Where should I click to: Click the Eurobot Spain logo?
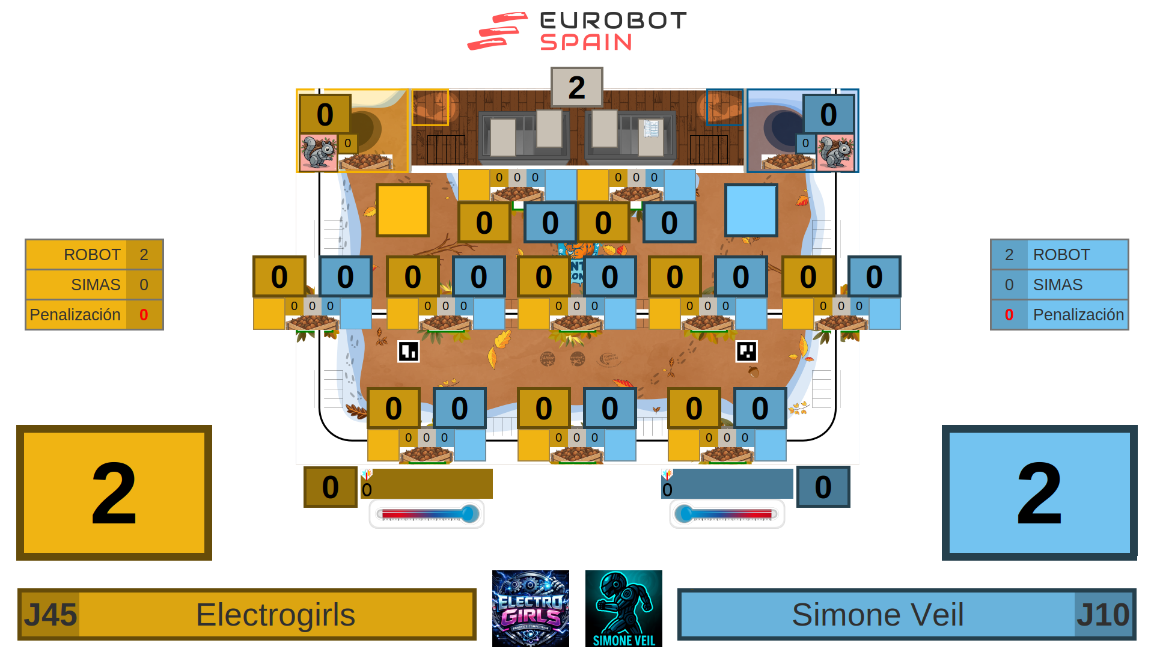coord(577,31)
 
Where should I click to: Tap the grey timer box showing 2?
coord(576,88)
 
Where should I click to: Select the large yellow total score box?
coord(114,493)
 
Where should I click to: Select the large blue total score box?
coord(1039,493)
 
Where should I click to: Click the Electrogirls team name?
coord(276,615)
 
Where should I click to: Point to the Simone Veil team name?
coord(878,615)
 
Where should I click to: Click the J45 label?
coord(50,615)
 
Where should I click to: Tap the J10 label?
coord(1103,615)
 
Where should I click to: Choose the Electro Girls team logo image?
coord(530,609)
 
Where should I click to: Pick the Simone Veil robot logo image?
coord(623,609)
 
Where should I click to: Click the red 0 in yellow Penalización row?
coord(144,315)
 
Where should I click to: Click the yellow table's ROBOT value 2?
coord(144,255)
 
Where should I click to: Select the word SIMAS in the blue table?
coord(1057,285)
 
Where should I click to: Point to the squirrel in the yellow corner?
coord(318,153)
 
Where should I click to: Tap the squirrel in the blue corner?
coord(835,153)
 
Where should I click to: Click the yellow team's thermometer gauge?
coord(427,514)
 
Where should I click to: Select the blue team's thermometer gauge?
coord(727,514)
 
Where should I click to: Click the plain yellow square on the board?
coord(403,210)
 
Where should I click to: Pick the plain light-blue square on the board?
coord(751,210)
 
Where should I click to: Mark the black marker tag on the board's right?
coord(746,351)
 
